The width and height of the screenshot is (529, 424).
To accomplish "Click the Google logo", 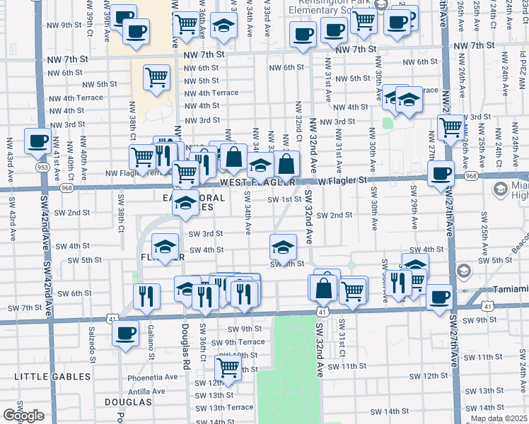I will pos(23,416).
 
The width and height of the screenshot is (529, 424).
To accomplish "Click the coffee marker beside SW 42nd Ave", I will pos(37,140).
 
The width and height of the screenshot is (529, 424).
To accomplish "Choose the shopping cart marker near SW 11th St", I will pos(227,367).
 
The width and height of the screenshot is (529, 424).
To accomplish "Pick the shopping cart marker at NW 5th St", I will pos(156,78).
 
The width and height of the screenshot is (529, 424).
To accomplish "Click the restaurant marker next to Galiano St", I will pos(146,296).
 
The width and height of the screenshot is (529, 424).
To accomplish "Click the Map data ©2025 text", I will pos(498,418).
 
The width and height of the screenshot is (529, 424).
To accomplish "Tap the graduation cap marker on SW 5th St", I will pos(283,247).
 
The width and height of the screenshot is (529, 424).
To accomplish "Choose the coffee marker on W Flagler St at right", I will pos(441,172).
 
